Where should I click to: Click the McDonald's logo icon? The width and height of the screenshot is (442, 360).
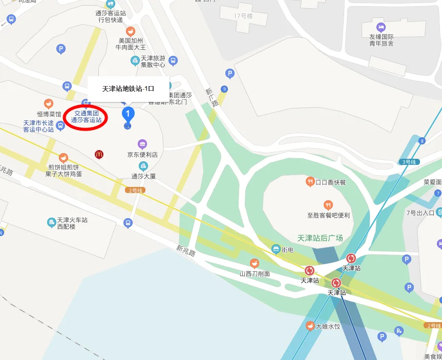coord(99,154)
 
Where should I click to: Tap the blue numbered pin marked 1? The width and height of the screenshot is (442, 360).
coord(128,113)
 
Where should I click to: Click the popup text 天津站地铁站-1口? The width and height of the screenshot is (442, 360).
coord(128,89)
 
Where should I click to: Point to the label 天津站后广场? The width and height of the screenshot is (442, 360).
coord(320,238)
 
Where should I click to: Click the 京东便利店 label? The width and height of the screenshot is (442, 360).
coord(142,154)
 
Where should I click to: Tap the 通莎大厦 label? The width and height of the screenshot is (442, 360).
coord(143,176)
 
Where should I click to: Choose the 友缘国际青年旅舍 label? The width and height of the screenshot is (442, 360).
coord(381,40)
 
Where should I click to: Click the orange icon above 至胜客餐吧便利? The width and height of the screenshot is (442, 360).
coord(328,205)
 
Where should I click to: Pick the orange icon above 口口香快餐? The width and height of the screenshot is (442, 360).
coord(310,181)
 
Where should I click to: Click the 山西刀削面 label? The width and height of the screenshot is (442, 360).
coord(255,274)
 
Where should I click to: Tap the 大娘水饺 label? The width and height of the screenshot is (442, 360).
coord(327,326)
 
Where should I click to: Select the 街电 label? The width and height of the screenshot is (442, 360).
coord(287,249)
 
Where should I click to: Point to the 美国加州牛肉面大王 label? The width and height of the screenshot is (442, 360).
coord(131,44)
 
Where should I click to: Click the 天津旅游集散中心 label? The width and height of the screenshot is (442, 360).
coord(153,61)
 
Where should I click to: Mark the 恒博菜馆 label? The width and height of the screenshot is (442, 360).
coord(49,114)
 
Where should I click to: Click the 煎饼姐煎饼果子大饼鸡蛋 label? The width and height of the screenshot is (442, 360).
coord(65,171)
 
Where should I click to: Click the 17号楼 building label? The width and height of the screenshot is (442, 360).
coord(243,16)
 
